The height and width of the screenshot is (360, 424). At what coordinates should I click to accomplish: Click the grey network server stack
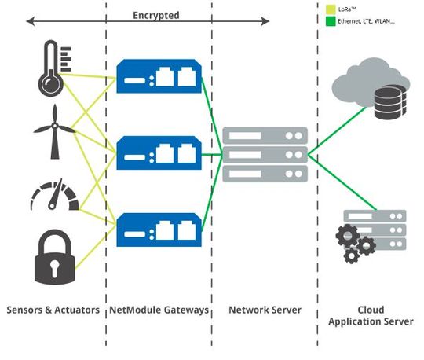(265, 153)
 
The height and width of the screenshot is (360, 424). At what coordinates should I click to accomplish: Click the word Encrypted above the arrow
(155, 16)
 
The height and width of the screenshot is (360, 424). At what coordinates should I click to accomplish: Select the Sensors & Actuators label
(53, 310)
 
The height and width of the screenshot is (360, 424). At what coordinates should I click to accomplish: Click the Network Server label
(265, 310)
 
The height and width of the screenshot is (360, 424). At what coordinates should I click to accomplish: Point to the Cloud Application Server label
(369, 316)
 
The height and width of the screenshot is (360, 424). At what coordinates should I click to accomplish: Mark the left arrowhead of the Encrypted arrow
(30, 21)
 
